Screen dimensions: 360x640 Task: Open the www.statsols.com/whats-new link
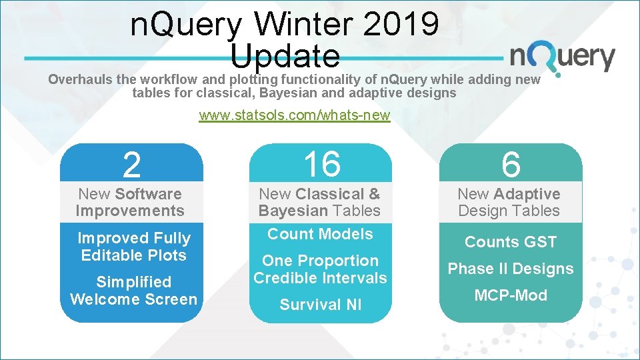[x=294, y=116]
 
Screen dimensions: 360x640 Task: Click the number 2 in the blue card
[x=131, y=165]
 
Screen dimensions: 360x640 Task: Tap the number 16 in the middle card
[x=321, y=164]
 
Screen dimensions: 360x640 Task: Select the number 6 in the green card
[x=511, y=164]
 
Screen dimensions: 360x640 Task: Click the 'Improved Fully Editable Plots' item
[x=134, y=247]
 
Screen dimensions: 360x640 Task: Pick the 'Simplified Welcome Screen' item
[x=134, y=291]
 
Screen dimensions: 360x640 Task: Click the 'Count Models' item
[x=320, y=234]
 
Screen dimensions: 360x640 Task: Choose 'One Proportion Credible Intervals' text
[x=320, y=269]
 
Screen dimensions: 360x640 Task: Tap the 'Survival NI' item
[x=320, y=305]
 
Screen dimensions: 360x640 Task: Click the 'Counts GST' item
[x=511, y=242]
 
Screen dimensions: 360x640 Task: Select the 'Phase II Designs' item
[x=511, y=269]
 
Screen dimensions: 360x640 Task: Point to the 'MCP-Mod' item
[x=511, y=295]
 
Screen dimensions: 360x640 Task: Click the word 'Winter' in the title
[x=303, y=25]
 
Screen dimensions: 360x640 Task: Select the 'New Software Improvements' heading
[x=130, y=202]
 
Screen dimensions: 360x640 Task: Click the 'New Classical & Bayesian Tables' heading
[x=319, y=202]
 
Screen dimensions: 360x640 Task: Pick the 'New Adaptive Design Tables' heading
[x=509, y=202]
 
